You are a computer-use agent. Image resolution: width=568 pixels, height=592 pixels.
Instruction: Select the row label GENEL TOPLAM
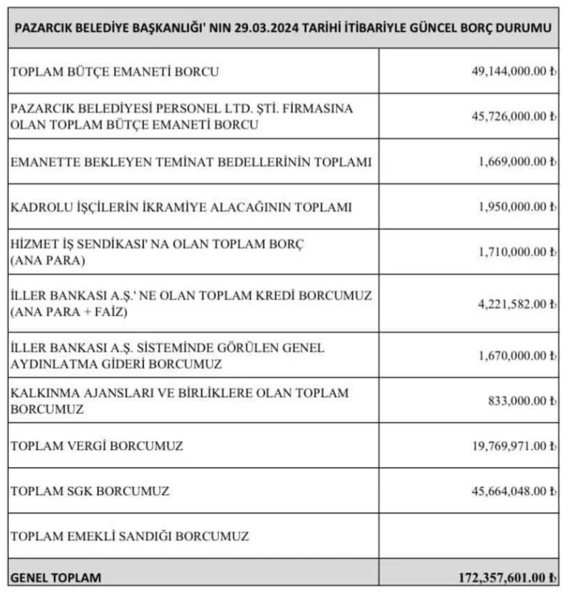[55, 577]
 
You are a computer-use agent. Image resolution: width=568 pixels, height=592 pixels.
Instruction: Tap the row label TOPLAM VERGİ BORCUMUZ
[97, 445]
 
